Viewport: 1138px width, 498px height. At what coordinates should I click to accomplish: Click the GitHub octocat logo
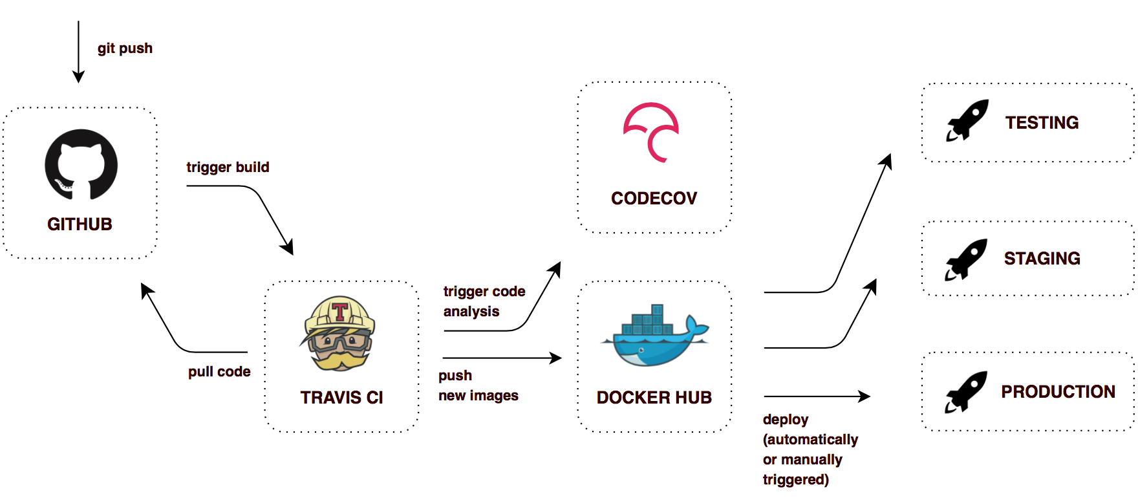(81, 164)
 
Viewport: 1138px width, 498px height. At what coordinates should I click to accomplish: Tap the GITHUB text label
(80, 224)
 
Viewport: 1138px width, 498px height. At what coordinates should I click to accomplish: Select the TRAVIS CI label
(341, 398)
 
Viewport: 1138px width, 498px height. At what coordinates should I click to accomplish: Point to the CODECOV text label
(654, 199)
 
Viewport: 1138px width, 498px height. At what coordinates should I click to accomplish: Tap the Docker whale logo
(654, 336)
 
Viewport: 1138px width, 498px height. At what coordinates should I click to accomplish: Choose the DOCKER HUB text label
(654, 398)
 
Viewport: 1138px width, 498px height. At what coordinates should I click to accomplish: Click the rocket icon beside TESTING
(967, 120)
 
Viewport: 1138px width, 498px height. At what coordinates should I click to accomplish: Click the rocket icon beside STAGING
(966, 259)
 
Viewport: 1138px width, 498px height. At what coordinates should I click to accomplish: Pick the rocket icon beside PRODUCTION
(966, 392)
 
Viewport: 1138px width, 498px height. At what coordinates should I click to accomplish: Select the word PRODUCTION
(1058, 392)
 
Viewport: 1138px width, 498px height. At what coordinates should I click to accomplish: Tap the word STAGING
(1042, 259)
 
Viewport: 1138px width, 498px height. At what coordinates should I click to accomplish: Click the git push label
(125, 49)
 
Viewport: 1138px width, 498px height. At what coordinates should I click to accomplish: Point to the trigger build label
(228, 168)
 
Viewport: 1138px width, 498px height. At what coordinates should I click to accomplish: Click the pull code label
(219, 372)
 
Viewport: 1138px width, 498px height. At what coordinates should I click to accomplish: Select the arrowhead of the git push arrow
(78, 77)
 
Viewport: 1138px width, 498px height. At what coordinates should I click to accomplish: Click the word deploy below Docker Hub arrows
(785, 420)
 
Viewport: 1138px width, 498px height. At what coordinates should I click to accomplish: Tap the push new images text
(478, 385)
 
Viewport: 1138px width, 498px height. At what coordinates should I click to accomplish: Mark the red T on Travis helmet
(340, 312)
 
